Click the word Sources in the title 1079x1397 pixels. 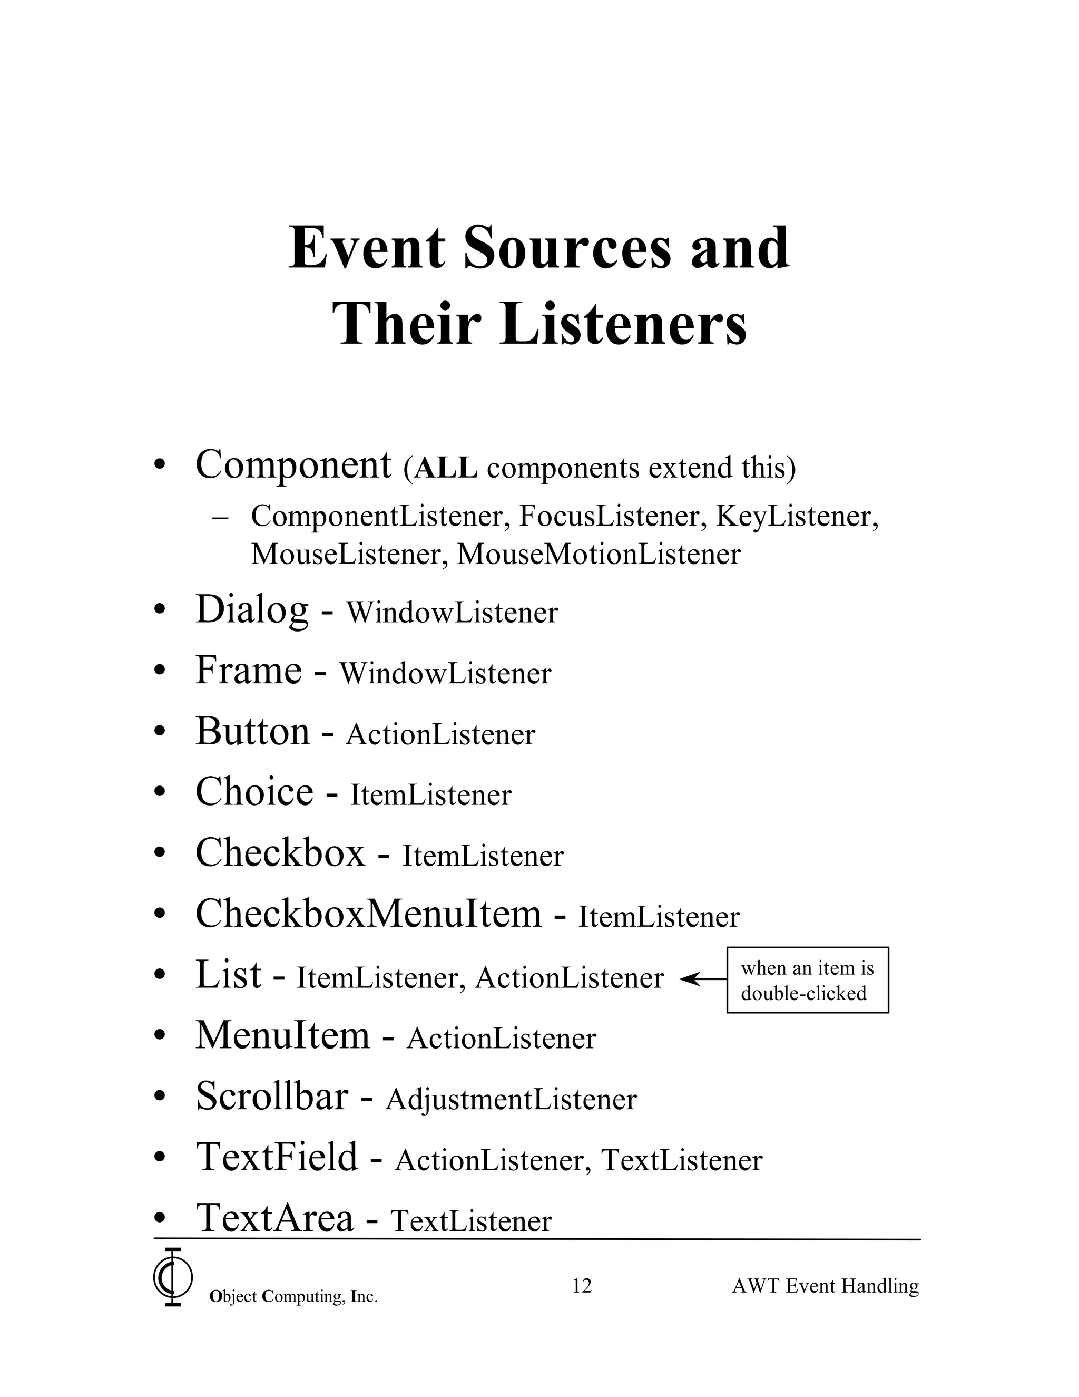[x=567, y=248]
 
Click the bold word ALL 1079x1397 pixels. [x=446, y=468]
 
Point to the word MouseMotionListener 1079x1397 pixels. [x=599, y=555]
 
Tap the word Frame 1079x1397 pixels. [x=248, y=671]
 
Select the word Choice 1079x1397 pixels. [x=254, y=792]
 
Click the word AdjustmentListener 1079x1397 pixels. [x=511, y=1100]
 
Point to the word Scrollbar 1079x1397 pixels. [x=272, y=1097]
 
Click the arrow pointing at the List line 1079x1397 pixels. [x=702, y=978]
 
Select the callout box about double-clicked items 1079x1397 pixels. [x=807, y=980]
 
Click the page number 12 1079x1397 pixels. [x=582, y=1285]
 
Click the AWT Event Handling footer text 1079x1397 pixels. [x=825, y=1286]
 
